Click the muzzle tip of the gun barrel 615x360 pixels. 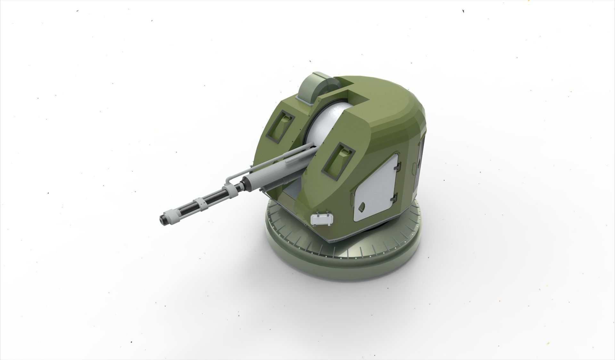161,220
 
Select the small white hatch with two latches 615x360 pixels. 322,219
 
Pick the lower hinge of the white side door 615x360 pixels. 395,195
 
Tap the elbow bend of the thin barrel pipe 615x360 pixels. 228,180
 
